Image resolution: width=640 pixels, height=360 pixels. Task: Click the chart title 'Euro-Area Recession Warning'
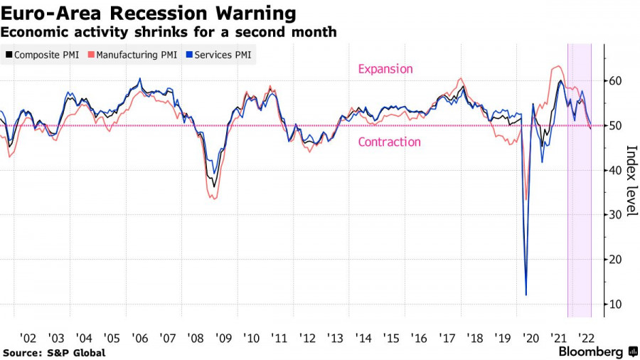(x=149, y=13)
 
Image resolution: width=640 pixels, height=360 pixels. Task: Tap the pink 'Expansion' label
(x=385, y=69)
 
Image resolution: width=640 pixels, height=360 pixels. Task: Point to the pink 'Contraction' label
(x=389, y=142)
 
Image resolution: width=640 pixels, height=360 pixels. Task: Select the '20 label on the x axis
(x=530, y=337)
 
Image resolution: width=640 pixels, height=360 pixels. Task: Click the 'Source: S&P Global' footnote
(x=54, y=353)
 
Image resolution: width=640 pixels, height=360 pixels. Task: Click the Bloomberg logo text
(x=591, y=351)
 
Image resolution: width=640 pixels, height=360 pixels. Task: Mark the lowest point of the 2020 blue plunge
(x=526, y=295)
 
